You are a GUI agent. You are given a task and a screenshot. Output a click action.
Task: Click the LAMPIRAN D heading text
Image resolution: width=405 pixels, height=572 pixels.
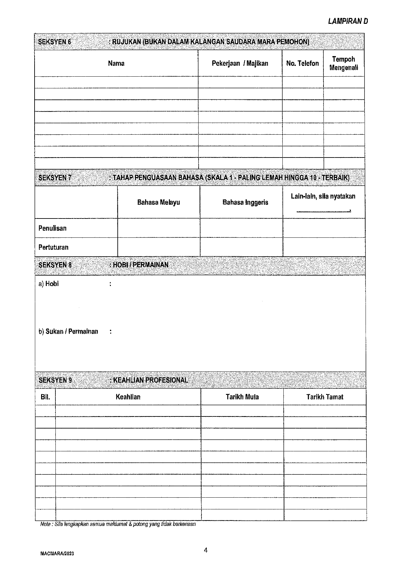click(348, 22)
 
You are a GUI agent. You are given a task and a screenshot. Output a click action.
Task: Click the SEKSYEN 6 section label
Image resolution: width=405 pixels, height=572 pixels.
click(54, 42)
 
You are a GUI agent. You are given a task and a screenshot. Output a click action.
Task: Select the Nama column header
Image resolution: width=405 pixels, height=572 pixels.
click(116, 63)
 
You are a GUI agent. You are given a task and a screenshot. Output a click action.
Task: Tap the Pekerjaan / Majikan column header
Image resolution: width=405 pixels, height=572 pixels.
click(240, 63)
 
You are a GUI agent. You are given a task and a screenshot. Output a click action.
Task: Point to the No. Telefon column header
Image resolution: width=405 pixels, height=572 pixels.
click(302, 63)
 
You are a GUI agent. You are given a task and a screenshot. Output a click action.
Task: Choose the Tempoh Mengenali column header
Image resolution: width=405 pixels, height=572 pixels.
click(344, 63)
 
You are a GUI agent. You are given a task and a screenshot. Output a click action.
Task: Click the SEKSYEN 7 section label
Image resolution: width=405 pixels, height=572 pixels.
click(55, 178)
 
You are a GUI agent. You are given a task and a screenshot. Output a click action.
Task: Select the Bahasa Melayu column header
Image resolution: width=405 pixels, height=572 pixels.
click(158, 202)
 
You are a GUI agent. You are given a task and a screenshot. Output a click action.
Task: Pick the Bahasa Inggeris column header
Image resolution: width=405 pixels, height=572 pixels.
click(245, 202)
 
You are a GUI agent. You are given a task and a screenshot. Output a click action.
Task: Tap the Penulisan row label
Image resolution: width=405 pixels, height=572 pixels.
click(52, 228)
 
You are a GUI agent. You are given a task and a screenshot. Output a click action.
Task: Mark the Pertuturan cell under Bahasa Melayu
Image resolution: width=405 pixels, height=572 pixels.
click(158, 247)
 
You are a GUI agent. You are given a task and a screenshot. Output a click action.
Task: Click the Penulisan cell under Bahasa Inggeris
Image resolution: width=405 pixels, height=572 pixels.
click(241, 228)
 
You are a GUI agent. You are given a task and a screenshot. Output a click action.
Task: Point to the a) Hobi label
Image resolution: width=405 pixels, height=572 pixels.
click(49, 284)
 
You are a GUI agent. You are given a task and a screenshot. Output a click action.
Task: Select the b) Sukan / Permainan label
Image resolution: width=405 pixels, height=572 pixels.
click(68, 332)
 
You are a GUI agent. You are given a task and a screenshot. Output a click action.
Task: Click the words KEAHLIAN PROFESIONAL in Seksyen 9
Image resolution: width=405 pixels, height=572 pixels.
click(150, 380)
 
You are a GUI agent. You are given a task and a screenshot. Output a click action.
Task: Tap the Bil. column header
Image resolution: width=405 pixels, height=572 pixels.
click(45, 397)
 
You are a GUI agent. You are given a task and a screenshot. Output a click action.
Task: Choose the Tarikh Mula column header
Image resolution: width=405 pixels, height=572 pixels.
click(242, 397)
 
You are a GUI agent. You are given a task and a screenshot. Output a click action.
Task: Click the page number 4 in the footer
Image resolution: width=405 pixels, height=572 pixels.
click(206, 550)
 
